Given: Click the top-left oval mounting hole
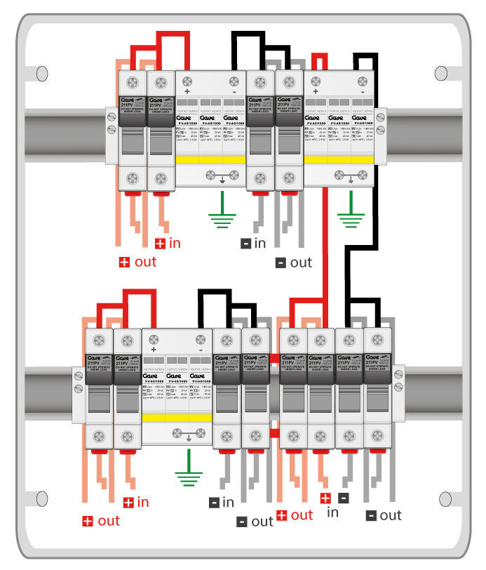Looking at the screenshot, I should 41,72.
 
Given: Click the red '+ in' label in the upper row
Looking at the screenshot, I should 168,244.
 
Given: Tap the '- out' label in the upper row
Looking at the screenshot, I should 294,263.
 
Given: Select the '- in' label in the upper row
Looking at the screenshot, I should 254,244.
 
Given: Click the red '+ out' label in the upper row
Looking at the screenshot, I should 137,263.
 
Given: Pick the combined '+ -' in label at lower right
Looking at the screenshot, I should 334,505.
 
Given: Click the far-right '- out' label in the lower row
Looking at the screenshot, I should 384,516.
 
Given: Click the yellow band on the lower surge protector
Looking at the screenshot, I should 177,418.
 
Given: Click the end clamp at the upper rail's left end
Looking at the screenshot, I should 110,124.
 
